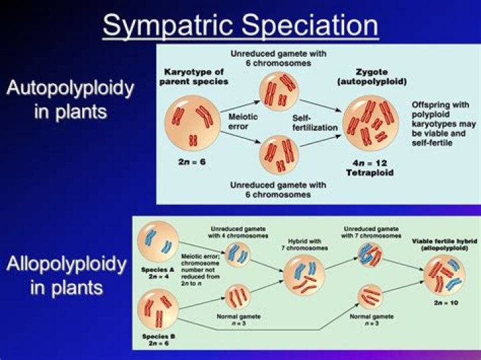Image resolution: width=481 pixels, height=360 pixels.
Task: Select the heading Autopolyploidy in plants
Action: [x=70, y=99]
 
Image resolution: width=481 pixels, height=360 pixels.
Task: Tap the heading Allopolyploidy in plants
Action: [x=66, y=276]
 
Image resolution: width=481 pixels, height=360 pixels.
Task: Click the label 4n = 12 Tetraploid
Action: [x=369, y=167]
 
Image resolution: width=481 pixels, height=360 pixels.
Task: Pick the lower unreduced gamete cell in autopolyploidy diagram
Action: [x=279, y=153]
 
